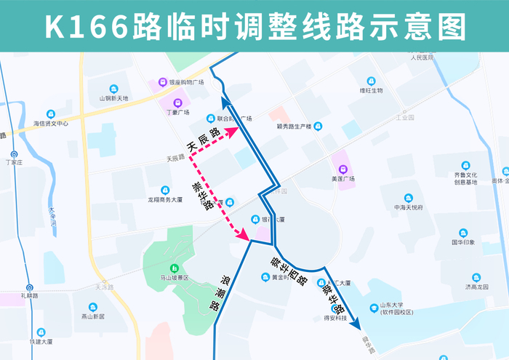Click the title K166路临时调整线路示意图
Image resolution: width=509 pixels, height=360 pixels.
pyautogui.click(x=254, y=27)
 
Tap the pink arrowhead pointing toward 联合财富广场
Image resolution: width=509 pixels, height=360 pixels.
pyautogui.click(x=233, y=131)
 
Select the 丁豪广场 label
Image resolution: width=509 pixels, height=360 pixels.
pyautogui.click(x=177, y=113)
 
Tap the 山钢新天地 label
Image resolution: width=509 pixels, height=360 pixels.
pyautogui.click(x=113, y=98)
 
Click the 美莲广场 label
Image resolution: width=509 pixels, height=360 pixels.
pyautogui.click(x=342, y=179)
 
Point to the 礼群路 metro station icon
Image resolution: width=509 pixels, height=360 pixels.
pyautogui.click(x=30, y=288)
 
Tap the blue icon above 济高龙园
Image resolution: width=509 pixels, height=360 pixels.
pyautogui.click(x=477, y=277)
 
